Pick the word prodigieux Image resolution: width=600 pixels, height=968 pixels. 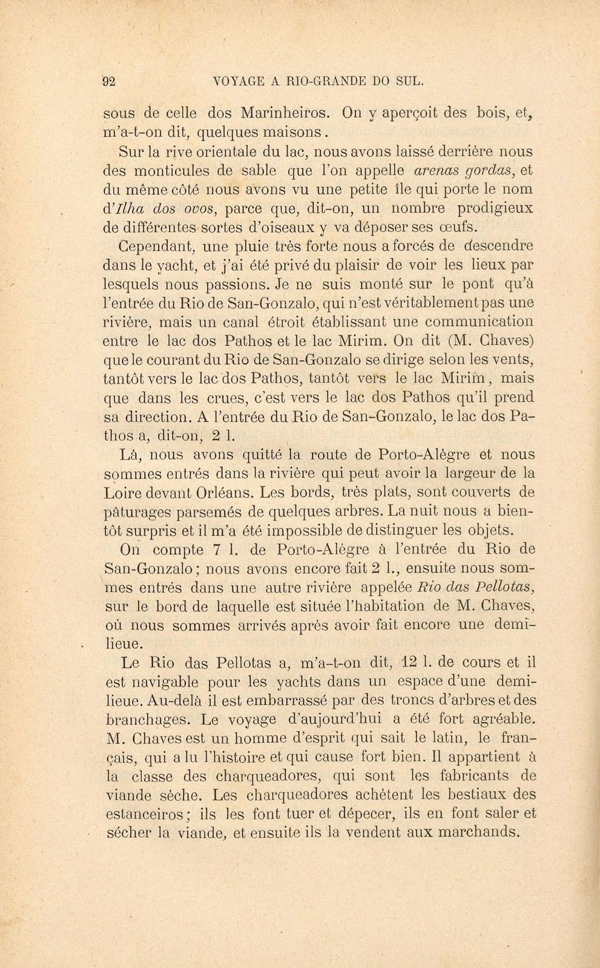(495, 208)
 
